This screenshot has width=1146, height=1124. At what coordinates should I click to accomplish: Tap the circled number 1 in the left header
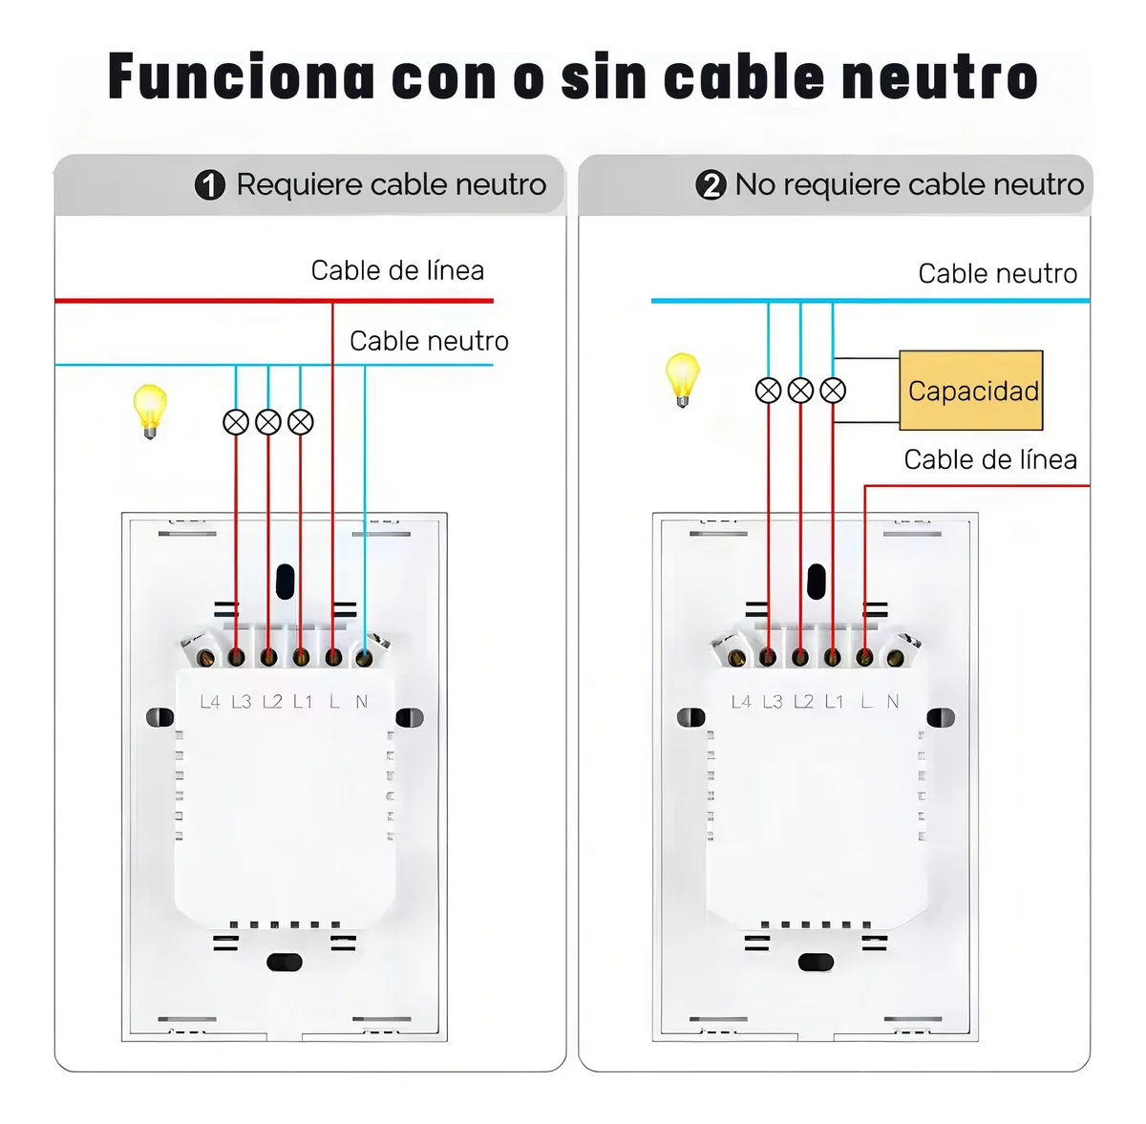pos(210,184)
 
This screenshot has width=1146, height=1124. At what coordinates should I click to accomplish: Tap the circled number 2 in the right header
pos(711,184)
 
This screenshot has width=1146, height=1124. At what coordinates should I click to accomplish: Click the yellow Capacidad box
pos(970,391)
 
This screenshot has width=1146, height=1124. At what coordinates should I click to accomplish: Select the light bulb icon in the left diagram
pos(150,410)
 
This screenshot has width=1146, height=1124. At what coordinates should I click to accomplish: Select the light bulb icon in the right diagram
pos(682,379)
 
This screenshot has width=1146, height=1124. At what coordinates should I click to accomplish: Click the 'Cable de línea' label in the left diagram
pos(397,270)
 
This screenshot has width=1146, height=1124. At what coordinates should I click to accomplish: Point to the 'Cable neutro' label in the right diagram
pos(997,274)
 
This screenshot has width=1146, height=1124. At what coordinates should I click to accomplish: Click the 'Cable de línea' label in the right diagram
pos(989,459)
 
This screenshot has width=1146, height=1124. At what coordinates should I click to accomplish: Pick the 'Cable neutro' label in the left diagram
pos(429,341)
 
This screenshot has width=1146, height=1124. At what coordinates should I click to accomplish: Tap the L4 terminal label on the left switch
pos(210,702)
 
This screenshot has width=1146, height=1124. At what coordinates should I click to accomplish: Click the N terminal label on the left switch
pos(361,702)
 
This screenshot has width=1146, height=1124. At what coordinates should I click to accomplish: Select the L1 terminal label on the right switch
pos(834,702)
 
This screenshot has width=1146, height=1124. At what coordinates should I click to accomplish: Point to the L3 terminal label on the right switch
pos(773,702)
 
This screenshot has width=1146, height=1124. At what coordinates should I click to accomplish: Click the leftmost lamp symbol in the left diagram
pos(236,421)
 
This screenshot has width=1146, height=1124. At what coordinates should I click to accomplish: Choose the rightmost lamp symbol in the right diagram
pos(833,391)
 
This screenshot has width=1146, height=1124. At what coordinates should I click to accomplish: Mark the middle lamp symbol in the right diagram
pos(800,391)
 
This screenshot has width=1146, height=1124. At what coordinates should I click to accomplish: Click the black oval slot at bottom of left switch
pos(285,963)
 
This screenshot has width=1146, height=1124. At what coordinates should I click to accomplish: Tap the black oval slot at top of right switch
pos(816,580)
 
